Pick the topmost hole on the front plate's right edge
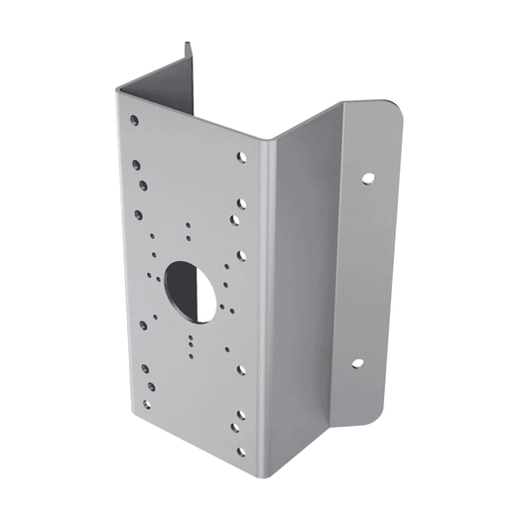241,156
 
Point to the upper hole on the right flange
367,180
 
